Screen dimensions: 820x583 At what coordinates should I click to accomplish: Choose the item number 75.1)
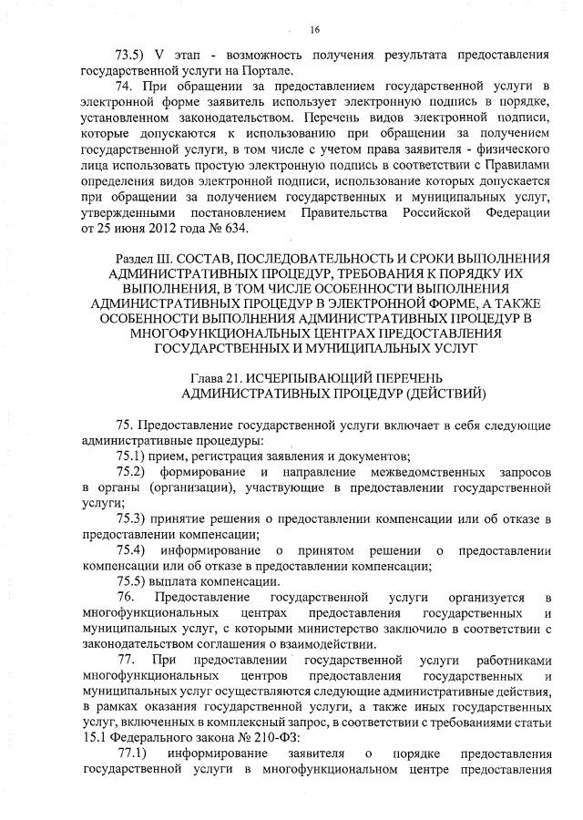(134, 456)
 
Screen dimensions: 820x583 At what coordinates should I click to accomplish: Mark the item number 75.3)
(134, 519)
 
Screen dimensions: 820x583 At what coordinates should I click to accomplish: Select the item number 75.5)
(134, 582)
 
